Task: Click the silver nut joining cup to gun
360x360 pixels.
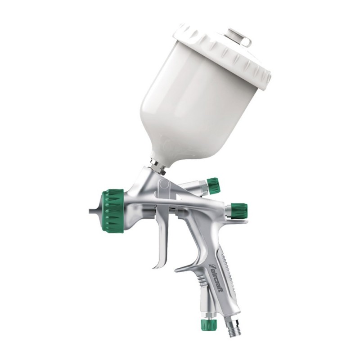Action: click(157, 167)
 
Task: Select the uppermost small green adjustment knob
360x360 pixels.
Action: click(212, 185)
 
